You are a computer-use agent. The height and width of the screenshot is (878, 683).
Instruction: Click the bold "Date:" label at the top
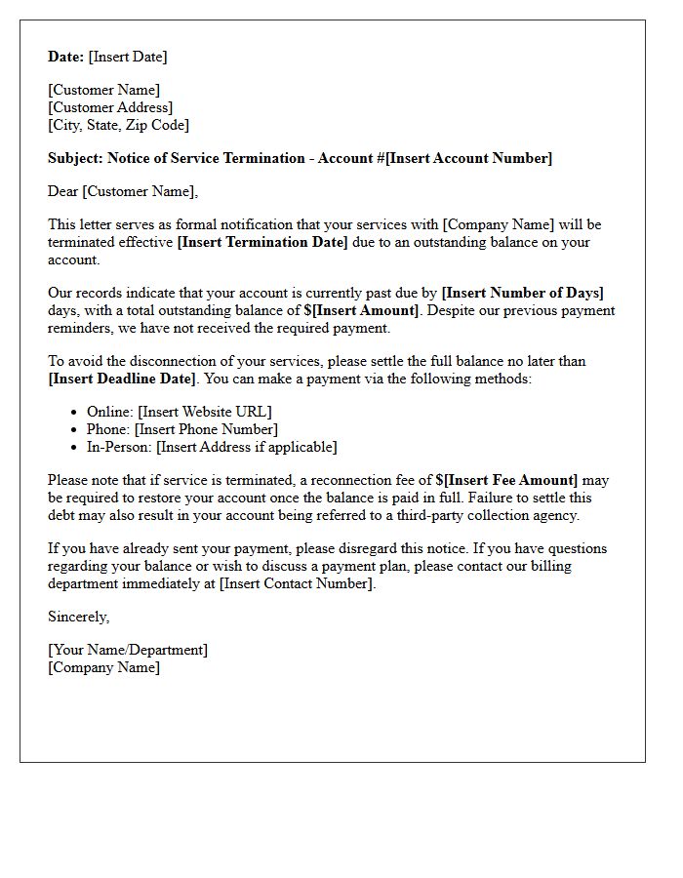click(66, 57)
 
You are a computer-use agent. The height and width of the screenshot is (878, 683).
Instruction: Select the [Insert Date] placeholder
click(128, 57)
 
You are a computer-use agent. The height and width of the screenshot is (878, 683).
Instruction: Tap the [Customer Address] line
click(110, 107)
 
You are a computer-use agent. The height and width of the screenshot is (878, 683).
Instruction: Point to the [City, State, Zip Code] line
click(119, 125)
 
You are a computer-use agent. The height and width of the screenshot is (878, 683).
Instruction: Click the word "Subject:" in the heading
click(75, 158)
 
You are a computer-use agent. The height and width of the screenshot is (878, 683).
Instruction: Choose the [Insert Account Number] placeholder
click(468, 158)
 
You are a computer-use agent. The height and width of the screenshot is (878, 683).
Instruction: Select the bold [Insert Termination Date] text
click(262, 242)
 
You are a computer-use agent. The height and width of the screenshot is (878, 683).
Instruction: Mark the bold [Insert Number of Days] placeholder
click(523, 293)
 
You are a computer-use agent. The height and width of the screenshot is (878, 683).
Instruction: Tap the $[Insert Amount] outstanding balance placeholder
click(361, 310)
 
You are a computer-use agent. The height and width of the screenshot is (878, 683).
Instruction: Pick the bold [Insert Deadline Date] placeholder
click(122, 379)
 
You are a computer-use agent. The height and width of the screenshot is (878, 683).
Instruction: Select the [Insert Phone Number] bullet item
click(206, 429)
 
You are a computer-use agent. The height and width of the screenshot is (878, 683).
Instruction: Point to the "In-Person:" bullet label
click(119, 447)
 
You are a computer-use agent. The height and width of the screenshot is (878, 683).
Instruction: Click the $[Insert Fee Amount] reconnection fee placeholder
click(506, 480)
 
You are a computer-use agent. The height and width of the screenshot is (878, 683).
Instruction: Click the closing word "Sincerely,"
click(79, 617)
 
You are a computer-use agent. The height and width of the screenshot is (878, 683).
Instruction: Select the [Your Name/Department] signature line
click(128, 650)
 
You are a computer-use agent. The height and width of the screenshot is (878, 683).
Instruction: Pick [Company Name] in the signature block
click(104, 667)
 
